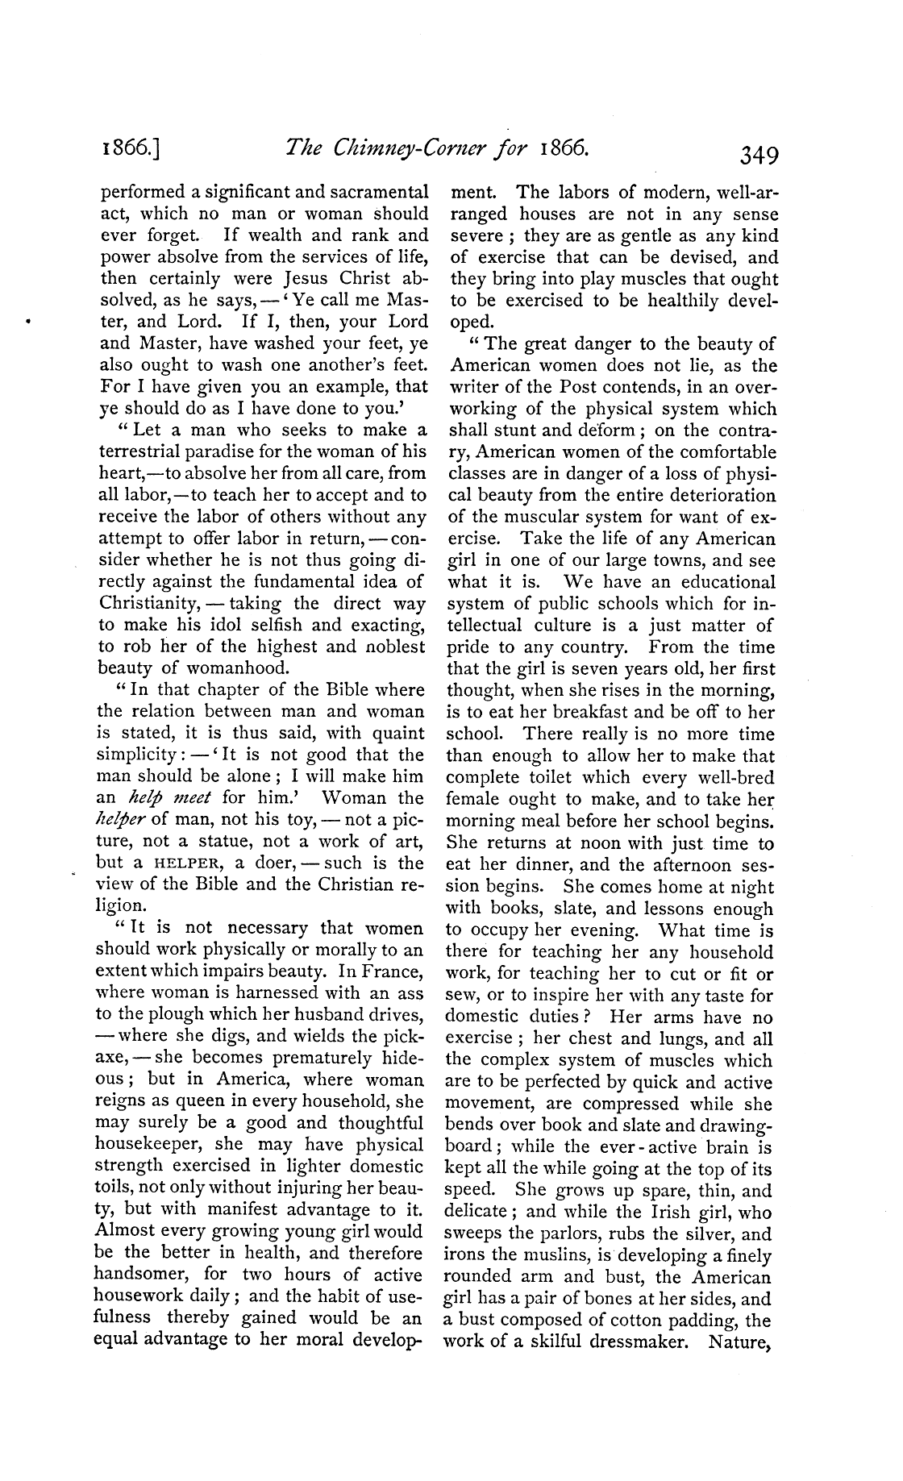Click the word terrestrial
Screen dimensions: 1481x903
tap(150, 453)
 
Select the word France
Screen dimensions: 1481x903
tap(389, 972)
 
